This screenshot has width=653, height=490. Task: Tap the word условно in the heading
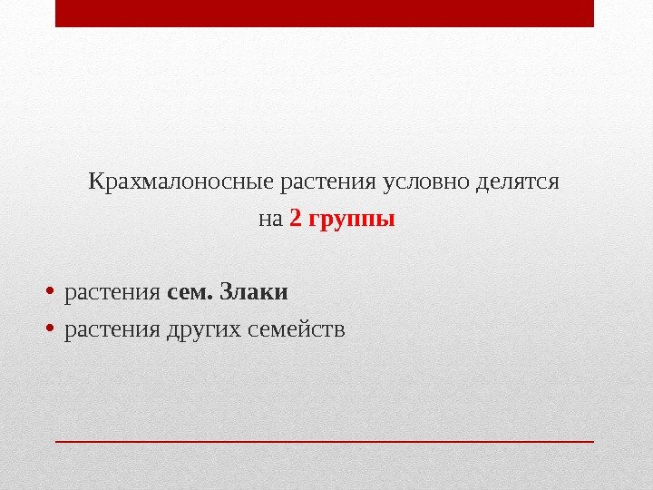(x=424, y=181)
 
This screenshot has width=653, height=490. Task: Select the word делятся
(x=516, y=181)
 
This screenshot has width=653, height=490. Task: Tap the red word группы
(x=352, y=220)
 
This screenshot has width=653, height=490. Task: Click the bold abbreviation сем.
(x=187, y=293)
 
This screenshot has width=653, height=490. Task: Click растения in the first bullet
(x=112, y=293)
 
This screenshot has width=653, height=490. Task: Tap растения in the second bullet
(x=112, y=328)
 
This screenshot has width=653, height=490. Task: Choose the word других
(x=201, y=328)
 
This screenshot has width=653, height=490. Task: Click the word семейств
(x=294, y=328)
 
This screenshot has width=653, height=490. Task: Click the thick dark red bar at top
(x=324, y=14)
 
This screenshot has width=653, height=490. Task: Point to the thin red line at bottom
(x=324, y=441)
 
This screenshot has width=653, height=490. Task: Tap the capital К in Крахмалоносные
(x=95, y=181)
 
